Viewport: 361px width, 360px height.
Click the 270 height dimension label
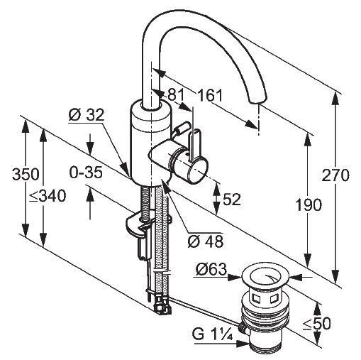click(x=335, y=175)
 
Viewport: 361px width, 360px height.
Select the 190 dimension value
click(x=309, y=204)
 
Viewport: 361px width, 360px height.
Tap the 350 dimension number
click(x=26, y=174)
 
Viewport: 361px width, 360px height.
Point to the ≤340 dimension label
click(x=48, y=196)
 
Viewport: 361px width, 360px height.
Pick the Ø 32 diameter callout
click(x=87, y=115)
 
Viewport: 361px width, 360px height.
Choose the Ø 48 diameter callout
click(x=206, y=241)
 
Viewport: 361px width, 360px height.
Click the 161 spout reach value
click(x=210, y=95)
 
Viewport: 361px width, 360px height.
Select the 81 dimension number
click(x=176, y=95)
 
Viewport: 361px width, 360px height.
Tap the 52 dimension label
click(x=232, y=200)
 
